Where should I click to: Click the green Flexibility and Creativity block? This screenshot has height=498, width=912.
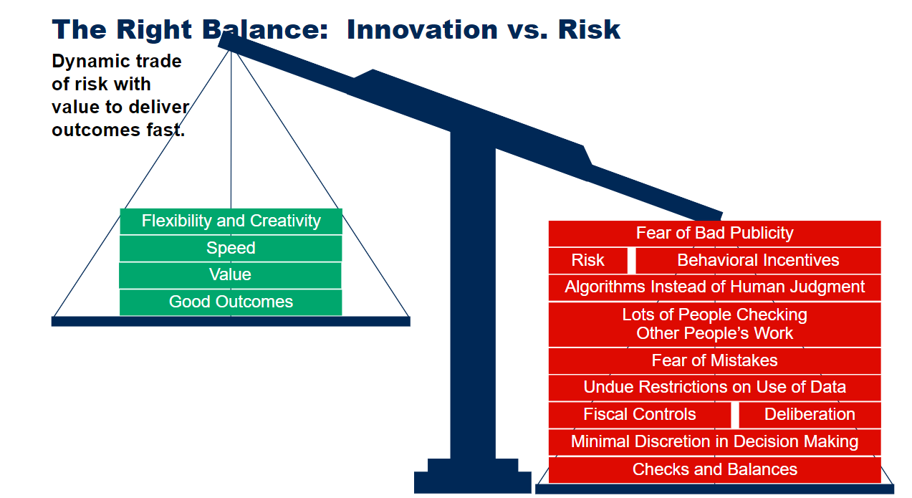point(231,221)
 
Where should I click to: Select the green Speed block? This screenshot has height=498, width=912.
point(231,248)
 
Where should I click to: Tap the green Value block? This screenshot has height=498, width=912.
point(230,275)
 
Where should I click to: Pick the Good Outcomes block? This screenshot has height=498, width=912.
point(231,302)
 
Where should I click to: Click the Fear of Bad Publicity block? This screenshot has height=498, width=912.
point(714,234)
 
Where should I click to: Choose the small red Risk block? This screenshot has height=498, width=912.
point(588,261)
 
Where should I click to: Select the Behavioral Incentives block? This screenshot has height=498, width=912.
point(758,261)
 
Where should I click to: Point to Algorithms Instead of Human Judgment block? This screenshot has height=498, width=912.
point(714,287)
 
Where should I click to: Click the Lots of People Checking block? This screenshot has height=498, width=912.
point(714,324)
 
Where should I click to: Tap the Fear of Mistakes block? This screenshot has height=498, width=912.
point(714,360)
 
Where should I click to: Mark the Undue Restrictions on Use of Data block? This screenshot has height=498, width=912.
point(714,388)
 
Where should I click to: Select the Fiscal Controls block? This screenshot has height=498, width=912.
point(640,415)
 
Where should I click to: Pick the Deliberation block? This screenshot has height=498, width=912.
point(810,415)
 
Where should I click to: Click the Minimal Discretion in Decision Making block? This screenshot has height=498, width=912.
point(714,442)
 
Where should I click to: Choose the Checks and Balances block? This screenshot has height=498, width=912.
point(714,470)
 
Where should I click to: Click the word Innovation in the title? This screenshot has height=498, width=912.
point(423,29)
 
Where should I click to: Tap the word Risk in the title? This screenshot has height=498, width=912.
point(589,29)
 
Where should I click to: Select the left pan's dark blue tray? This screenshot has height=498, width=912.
point(231,321)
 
